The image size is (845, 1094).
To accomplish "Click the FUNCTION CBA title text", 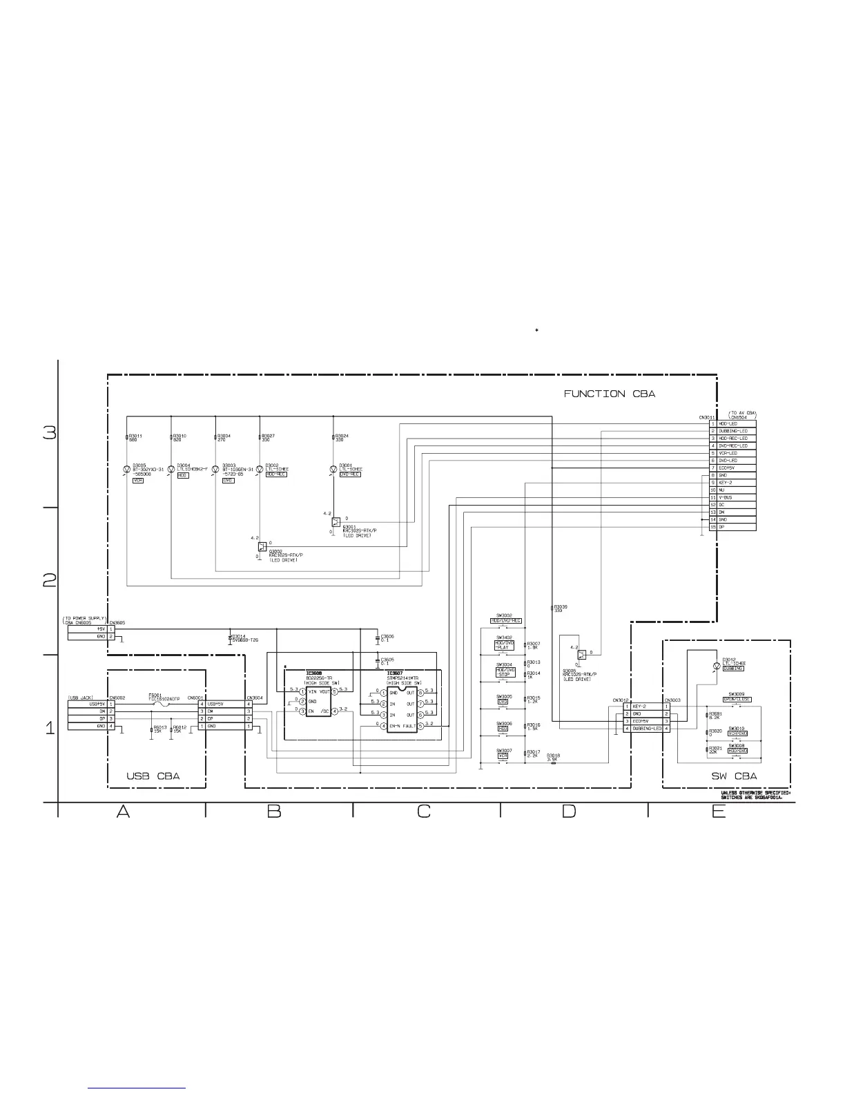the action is point(609,394).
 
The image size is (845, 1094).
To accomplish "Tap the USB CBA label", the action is point(153,776).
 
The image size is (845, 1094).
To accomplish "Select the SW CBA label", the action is point(734,776).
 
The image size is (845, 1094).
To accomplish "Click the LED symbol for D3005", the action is point(126,469).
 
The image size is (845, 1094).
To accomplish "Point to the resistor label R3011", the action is point(136,436).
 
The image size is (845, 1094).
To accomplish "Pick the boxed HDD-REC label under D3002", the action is point(276,474).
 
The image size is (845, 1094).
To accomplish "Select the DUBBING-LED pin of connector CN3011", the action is point(733,431).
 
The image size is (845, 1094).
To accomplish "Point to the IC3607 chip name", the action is point(395,673).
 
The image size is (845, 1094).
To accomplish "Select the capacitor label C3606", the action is point(387,636).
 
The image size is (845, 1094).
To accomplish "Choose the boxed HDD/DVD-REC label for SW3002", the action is point(506,621).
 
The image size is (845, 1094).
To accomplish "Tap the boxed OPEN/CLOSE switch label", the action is point(737,700).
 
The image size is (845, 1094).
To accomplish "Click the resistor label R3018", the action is point(553,756).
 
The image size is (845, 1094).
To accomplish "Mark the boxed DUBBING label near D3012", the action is point(733,669).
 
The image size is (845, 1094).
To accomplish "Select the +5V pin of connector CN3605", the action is point(100,629).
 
